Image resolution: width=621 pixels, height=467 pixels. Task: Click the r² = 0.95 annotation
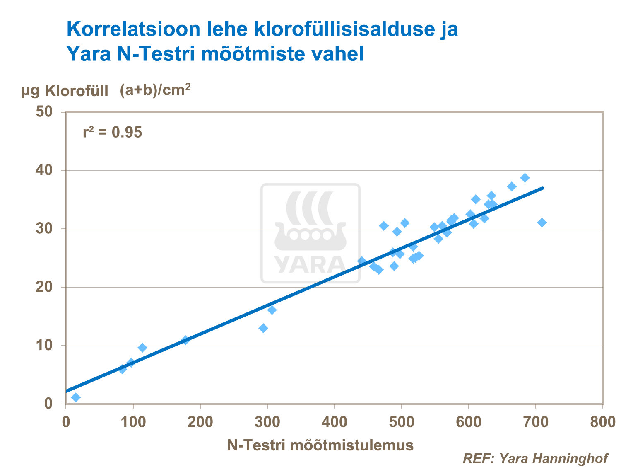point(112,133)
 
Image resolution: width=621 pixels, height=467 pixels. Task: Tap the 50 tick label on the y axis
point(44,111)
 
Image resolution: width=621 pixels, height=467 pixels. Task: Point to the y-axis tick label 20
point(44,287)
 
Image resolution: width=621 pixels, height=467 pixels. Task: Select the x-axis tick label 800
point(602,422)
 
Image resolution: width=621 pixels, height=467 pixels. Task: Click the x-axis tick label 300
point(267,422)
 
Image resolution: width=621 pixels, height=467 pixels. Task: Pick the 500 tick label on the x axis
point(402,422)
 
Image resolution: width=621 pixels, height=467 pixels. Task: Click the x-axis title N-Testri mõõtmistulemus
point(320,445)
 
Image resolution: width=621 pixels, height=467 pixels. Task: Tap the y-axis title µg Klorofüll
point(65,91)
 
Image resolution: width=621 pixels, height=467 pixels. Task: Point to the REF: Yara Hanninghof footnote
point(535,458)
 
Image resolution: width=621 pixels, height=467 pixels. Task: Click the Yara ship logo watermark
point(310,233)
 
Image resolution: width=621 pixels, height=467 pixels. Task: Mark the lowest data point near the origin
point(76,397)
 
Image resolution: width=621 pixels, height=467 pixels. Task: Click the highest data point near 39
point(525,178)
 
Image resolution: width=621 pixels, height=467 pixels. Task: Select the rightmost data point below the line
point(542,223)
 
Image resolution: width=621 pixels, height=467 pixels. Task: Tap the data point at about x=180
point(185,340)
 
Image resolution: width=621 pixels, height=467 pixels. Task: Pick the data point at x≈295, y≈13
point(263,328)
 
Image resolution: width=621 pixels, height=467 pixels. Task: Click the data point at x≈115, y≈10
point(142,347)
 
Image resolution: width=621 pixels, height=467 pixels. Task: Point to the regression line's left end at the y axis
point(67,391)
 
